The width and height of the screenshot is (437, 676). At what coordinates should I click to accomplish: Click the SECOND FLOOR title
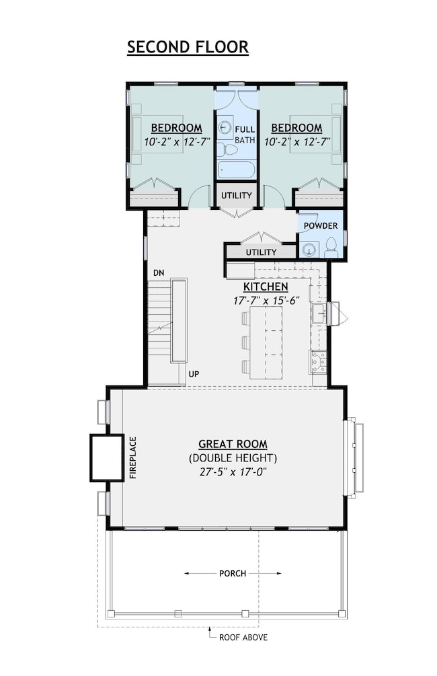click(x=188, y=47)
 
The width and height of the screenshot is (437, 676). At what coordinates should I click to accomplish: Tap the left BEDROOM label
click(x=176, y=128)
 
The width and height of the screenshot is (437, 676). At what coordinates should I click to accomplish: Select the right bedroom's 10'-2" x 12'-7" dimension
click(x=296, y=142)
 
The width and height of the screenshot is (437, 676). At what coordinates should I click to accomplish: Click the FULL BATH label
click(x=245, y=134)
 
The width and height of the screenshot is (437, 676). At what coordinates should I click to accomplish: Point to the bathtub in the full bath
click(x=237, y=170)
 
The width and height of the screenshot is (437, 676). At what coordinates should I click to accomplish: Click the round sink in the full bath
click(x=225, y=126)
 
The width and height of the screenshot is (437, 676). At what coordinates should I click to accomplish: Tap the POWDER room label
click(x=320, y=226)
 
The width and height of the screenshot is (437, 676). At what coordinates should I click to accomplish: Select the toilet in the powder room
click(x=330, y=250)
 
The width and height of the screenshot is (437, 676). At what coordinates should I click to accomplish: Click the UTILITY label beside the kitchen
click(x=261, y=252)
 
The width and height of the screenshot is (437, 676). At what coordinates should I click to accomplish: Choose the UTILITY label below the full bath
click(x=237, y=196)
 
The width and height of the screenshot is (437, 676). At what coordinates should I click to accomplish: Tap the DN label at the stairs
click(x=159, y=272)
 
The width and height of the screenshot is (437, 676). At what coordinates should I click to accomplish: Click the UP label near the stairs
click(x=194, y=373)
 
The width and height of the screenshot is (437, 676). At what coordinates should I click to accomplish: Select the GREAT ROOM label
click(x=233, y=444)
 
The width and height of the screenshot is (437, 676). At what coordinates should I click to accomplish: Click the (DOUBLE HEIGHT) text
click(x=233, y=458)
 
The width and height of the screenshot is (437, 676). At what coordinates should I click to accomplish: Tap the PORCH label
click(x=233, y=574)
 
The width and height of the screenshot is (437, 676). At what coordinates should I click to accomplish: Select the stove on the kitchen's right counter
click(x=319, y=362)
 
